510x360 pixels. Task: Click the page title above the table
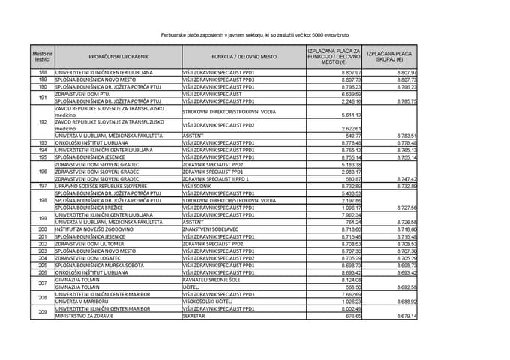(255, 34)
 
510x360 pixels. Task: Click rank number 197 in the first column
(43, 186)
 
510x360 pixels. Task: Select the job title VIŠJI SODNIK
(199, 186)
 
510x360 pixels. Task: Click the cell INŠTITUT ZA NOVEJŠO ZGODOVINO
(96, 229)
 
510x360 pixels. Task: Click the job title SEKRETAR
(196, 316)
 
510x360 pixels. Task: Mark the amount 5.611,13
(351, 115)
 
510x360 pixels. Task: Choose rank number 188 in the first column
(43, 72)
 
